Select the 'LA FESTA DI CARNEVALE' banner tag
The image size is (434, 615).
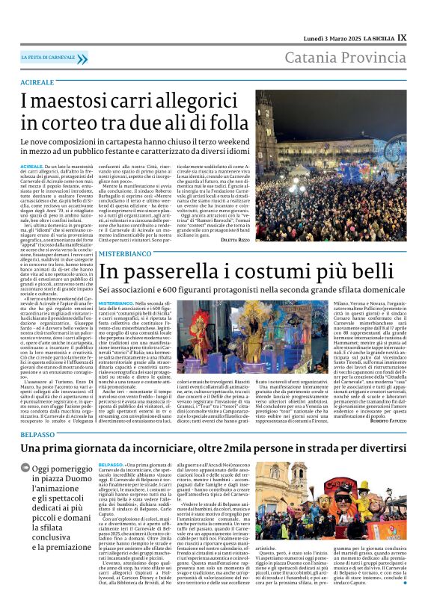(51, 58)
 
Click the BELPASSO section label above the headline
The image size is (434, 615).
(37, 433)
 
